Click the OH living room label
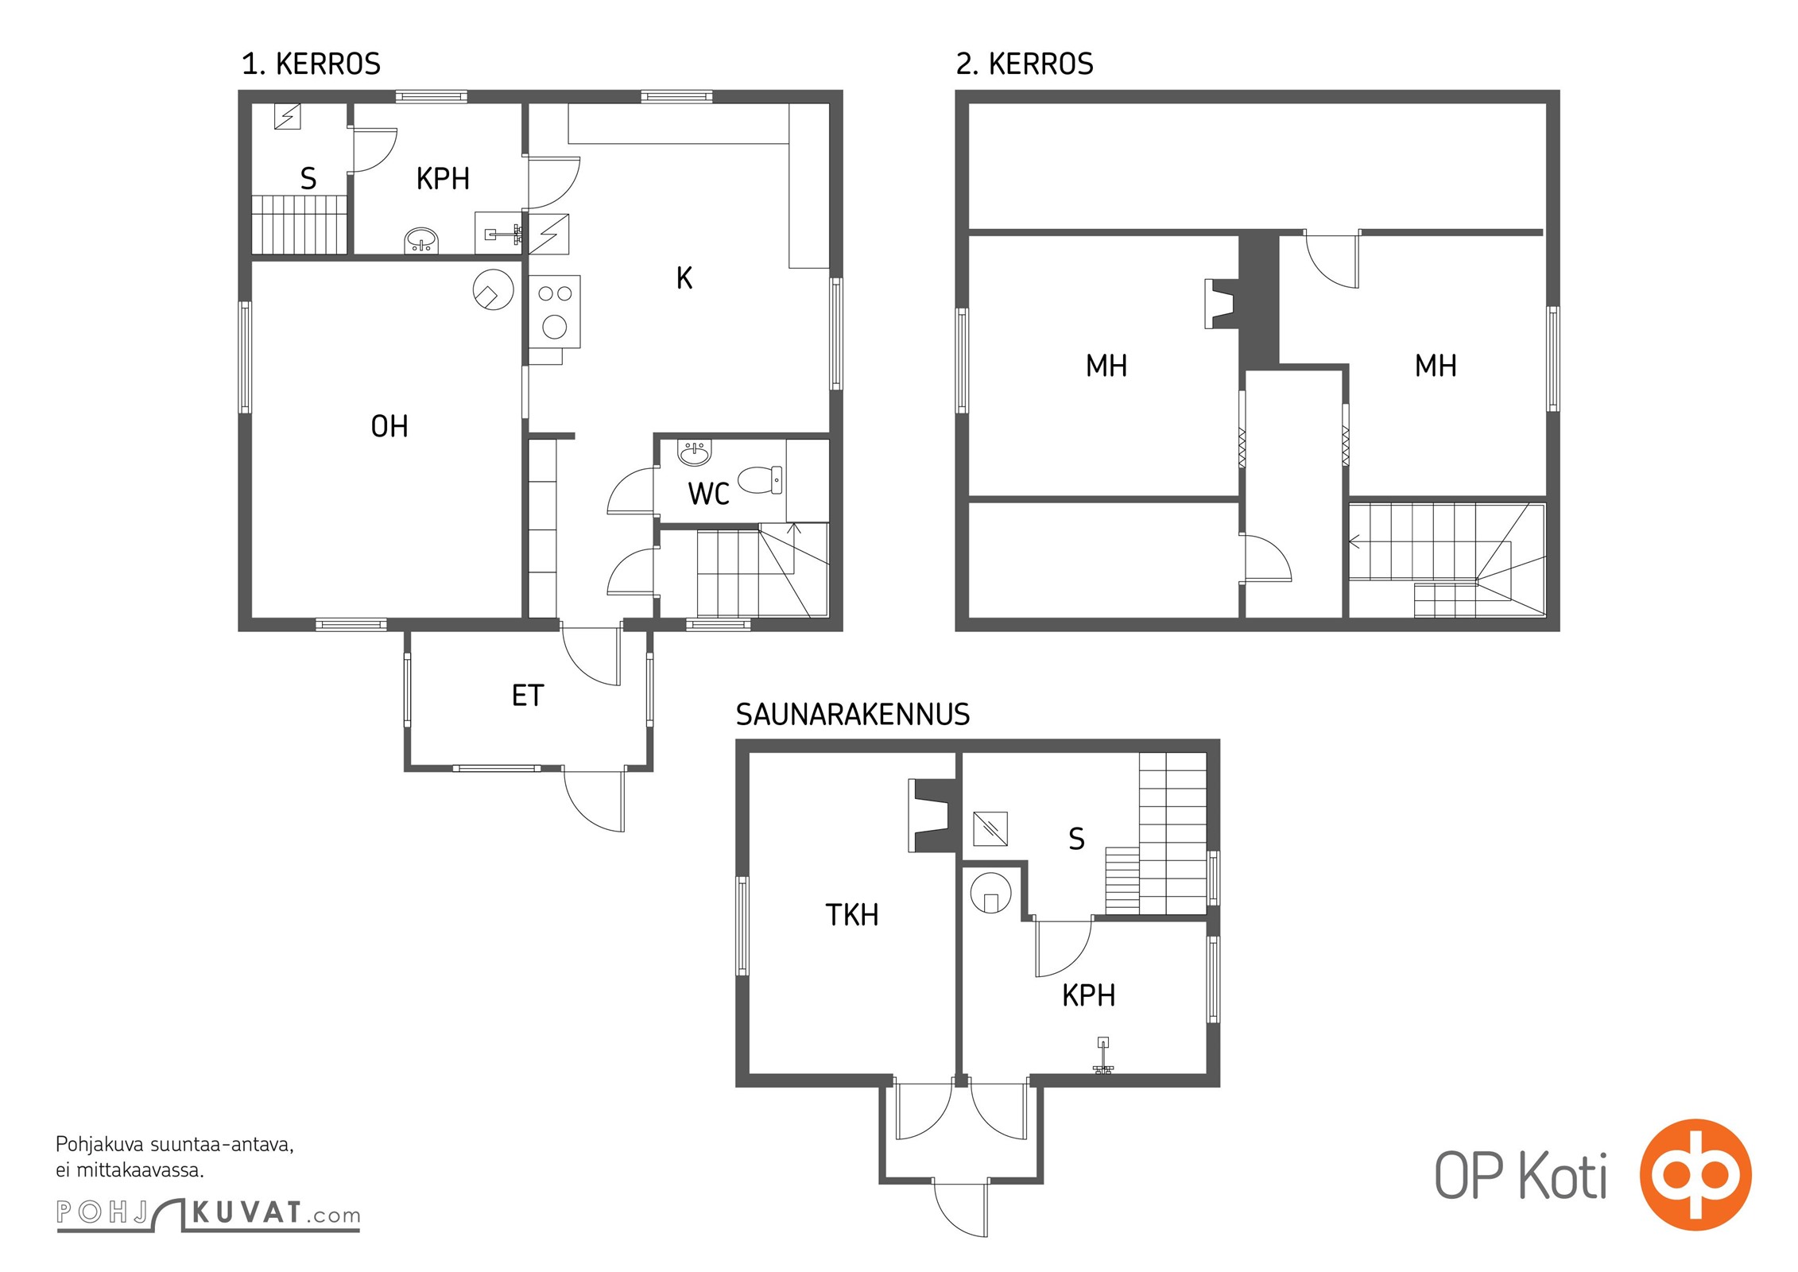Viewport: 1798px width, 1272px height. pos(389,427)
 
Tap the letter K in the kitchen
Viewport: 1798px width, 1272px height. pos(684,278)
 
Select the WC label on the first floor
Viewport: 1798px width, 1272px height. pos(708,494)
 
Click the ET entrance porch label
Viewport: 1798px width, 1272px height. pos(528,696)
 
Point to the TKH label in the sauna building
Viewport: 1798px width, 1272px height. pos(852,915)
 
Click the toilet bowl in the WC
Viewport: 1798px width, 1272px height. pos(760,479)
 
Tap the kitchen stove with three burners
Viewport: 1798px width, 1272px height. pos(554,311)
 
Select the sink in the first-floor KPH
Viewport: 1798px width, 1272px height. pos(421,240)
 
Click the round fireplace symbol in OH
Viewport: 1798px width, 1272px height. pos(493,290)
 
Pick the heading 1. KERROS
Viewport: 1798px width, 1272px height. pos(312,64)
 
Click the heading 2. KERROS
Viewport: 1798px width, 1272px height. pos(1025,64)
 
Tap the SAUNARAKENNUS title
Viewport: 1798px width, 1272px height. pos(853,715)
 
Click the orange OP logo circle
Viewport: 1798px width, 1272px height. pos(1695,1174)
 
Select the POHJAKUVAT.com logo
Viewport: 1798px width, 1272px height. pos(208,1214)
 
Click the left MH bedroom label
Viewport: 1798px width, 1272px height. pos(1106,366)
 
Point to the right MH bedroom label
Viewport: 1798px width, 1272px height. pos(1436,366)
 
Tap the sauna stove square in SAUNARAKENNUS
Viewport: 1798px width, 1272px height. pos(990,829)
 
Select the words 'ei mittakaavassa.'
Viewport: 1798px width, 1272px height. pos(130,1170)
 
